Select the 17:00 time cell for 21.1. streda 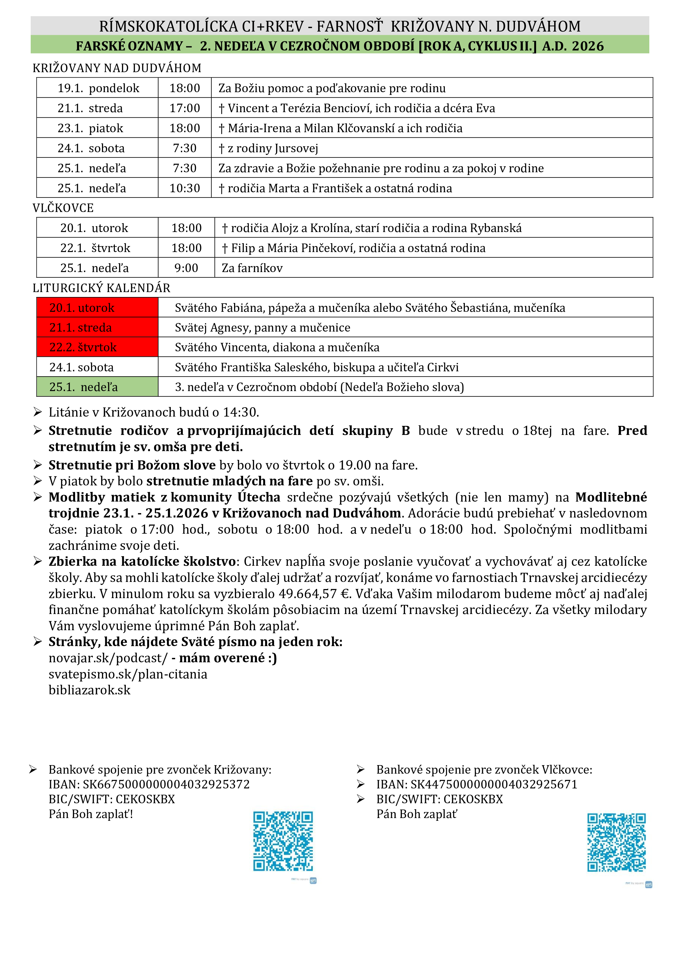(x=185, y=108)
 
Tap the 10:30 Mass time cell (x=185, y=188)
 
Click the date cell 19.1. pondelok (x=98, y=88)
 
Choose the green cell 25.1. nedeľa (x=97, y=387)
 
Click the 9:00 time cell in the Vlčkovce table (x=186, y=268)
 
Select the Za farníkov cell (x=252, y=268)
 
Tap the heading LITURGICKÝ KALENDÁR (x=101, y=288)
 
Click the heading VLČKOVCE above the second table (x=63, y=208)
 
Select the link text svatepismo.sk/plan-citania (x=128, y=674)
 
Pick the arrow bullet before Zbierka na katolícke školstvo (x=38, y=561)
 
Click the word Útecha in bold (x=259, y=497)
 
